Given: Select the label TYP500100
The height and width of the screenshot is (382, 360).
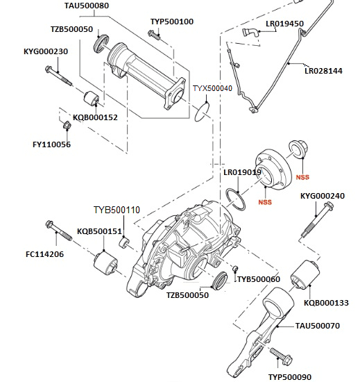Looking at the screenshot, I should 172,22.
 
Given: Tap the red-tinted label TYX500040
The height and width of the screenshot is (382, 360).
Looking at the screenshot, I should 212,89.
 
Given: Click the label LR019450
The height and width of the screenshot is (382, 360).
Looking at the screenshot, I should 285,24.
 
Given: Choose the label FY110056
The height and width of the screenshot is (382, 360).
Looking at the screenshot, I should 51,144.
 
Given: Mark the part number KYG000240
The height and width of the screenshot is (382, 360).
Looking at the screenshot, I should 323,196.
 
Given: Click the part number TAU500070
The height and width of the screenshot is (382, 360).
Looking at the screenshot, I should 318,325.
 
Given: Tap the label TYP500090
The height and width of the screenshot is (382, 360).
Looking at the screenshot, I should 292,376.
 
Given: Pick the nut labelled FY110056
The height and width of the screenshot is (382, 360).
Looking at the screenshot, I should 67,126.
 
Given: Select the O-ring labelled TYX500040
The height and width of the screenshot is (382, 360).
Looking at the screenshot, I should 202,109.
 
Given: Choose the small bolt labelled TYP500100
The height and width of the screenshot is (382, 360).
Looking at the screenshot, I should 156,35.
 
